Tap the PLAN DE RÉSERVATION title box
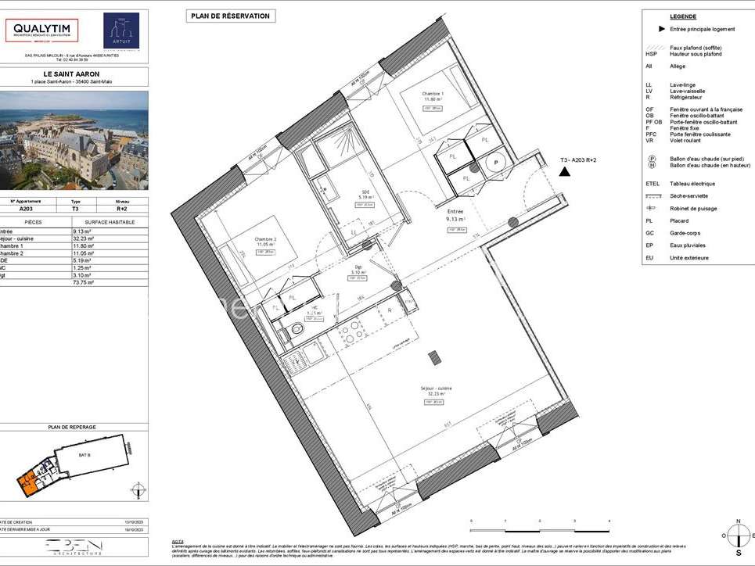pyautogui.click(x=231, y=16)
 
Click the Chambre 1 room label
pyautogui.click(x=433, y=95)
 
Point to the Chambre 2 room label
pyautogui.click(x=265, y=239)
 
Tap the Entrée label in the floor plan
pyautogui.click(x=455, y=211)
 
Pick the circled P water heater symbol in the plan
pyautogui.click(x=495, y=163)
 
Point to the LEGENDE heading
pyautogui.click(x=683, y=16)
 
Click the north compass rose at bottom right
pyautogui.click(x=737, y=536)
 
